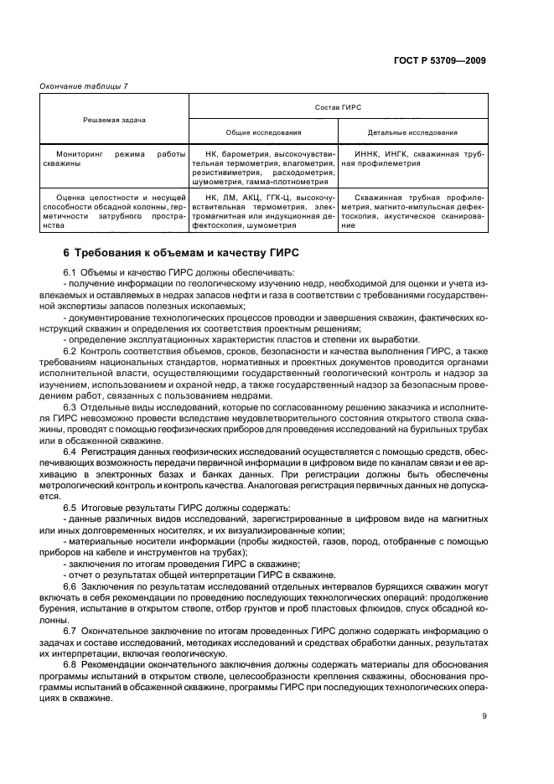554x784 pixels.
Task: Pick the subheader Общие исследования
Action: (264, 132)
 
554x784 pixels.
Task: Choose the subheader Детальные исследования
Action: (413, 132)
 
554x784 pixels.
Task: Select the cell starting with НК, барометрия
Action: (264, 168)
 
